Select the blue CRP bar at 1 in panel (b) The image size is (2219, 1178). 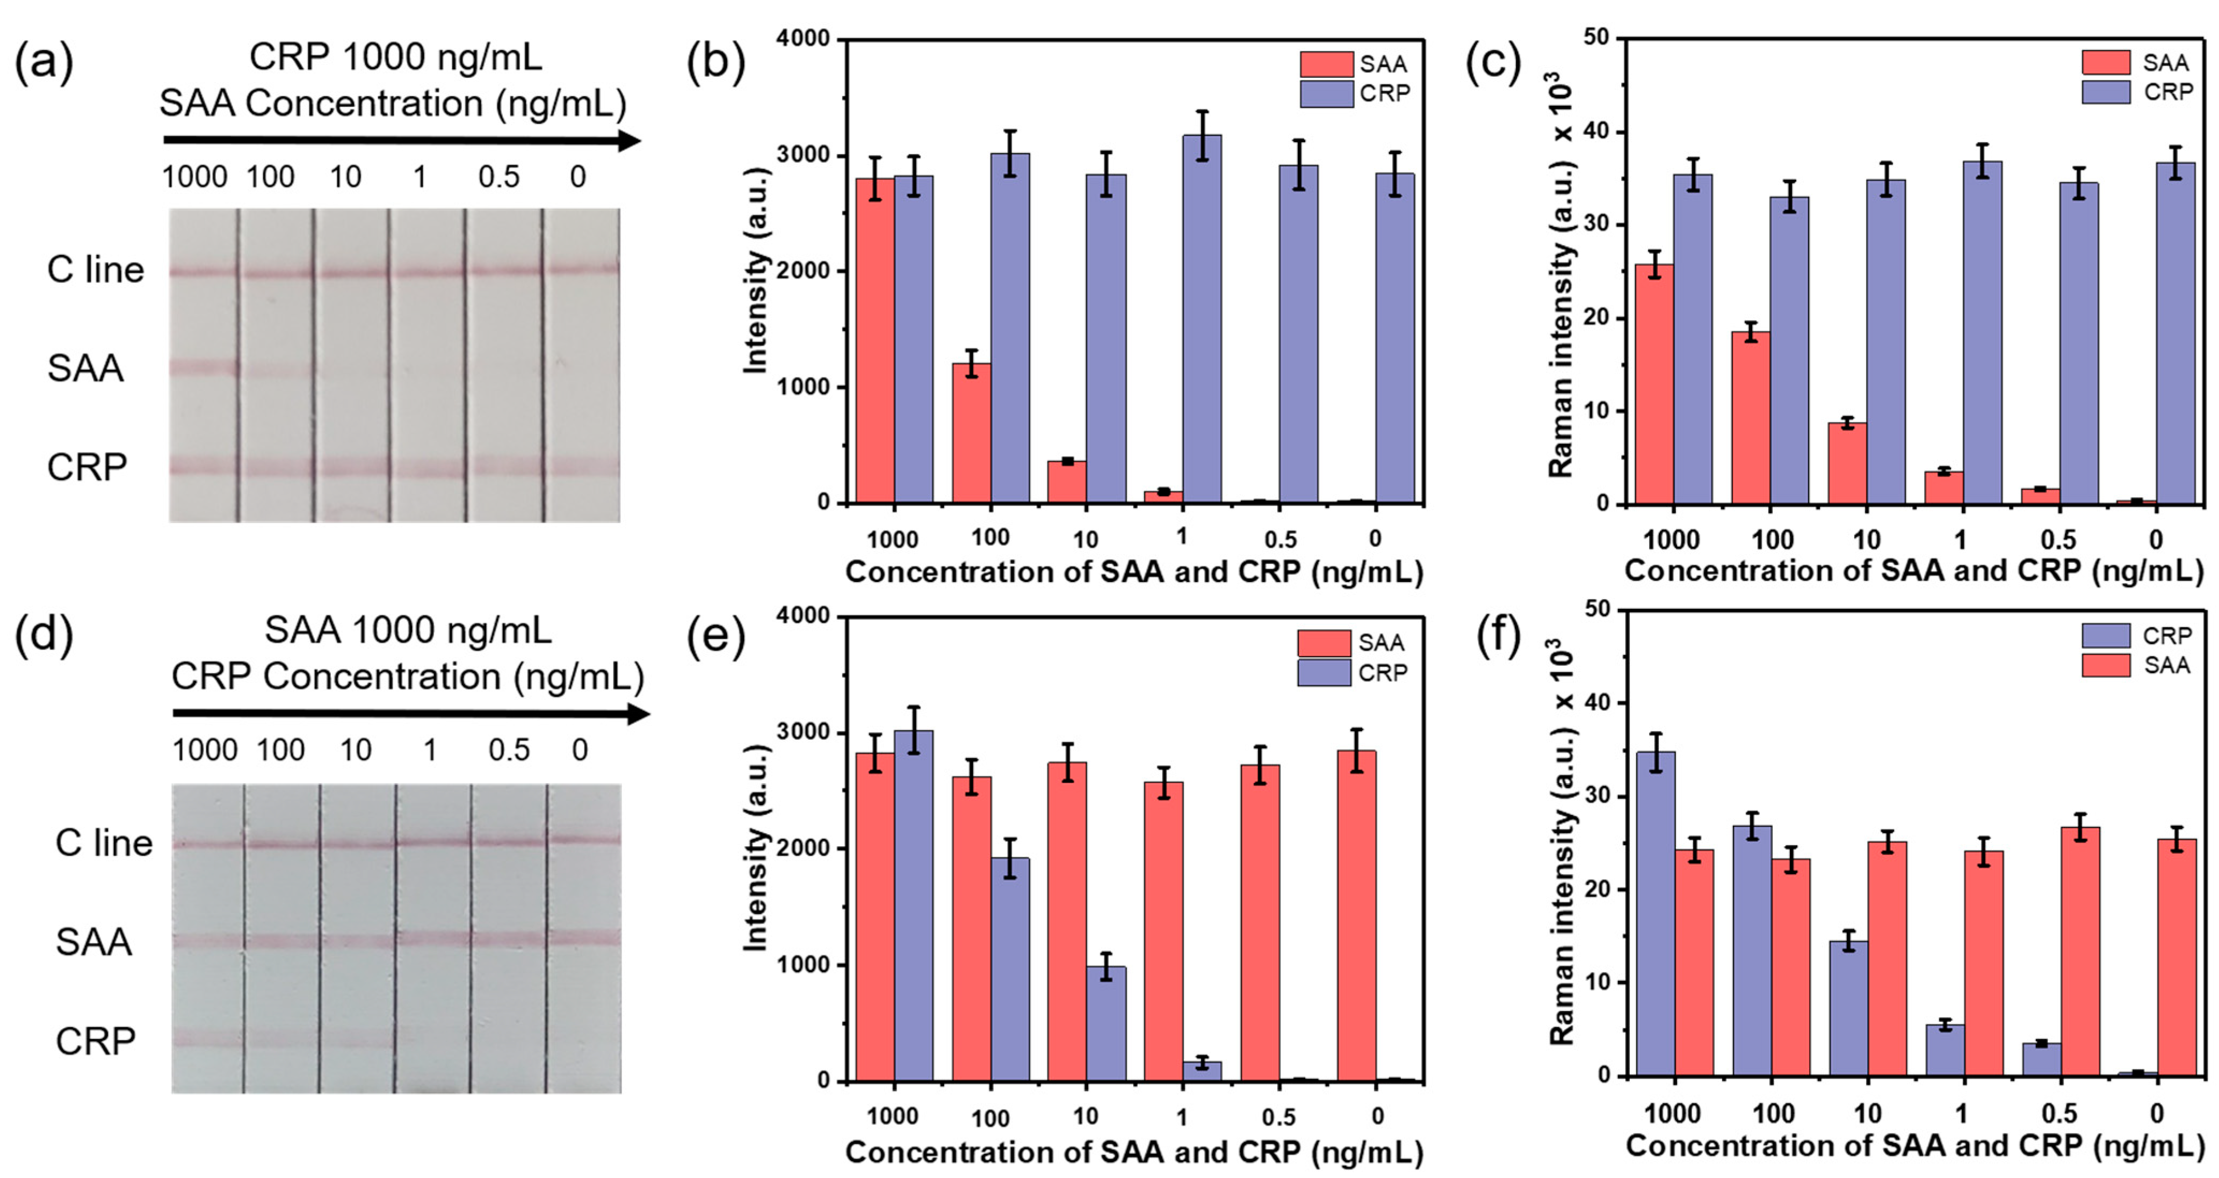click(x=1202, y=318)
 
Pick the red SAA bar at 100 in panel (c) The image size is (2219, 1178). click(x=1751, y=418)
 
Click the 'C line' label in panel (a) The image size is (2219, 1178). click(x=95, y=270)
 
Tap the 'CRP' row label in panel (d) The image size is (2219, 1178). click(x=95, y=1041)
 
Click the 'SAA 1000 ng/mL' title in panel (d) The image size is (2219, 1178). click(x=408, y=630)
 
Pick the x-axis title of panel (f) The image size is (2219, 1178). click(x=1914, y=1145)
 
